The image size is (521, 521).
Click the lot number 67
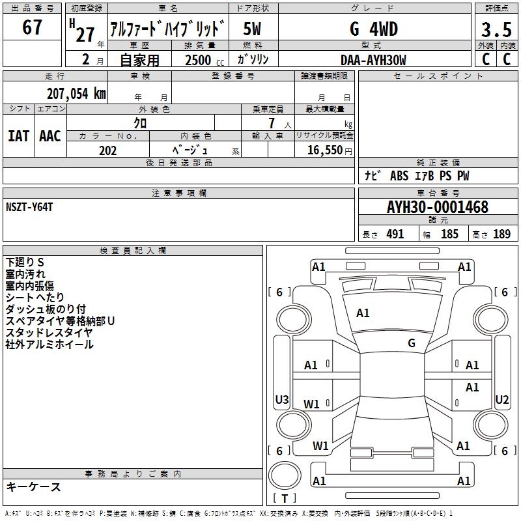(32, 27)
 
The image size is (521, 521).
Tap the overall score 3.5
(496, 29)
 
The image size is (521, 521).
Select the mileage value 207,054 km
(76, 94)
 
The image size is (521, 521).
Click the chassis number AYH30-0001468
(438, 207)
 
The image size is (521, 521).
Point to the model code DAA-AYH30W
(373, 60)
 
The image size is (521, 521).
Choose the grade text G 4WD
(374, 29)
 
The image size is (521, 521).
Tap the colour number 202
(107, 150)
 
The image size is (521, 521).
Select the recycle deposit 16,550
(325, 150)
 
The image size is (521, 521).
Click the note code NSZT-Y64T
(29, 207)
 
